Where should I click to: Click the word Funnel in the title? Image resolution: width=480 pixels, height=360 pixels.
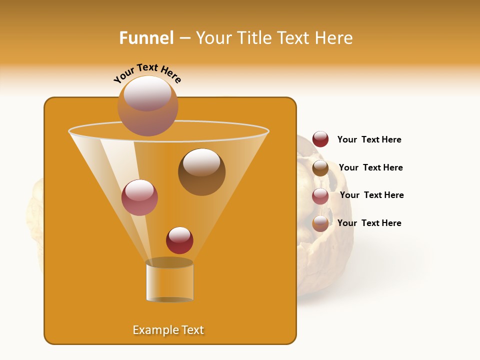146,38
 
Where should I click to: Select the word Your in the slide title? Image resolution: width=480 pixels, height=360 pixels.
213,38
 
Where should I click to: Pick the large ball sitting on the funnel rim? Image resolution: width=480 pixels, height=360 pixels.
148,105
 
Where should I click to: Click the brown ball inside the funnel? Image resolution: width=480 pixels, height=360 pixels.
201,172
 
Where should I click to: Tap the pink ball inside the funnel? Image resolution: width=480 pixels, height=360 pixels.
139,197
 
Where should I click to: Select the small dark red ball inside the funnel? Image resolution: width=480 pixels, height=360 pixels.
179,240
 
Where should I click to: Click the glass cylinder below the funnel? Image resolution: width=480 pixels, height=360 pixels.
169,282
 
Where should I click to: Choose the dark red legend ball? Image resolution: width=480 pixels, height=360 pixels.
320,139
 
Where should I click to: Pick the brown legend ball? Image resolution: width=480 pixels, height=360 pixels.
320,167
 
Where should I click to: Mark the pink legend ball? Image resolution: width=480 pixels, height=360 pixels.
320,195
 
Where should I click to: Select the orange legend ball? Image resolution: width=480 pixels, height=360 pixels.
320,223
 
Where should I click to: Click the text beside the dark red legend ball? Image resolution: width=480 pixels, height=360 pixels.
369,139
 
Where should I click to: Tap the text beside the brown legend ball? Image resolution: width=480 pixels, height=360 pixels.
370,167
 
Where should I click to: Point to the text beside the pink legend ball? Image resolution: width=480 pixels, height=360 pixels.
371,195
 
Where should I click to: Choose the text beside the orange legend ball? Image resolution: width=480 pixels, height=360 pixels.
369,223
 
